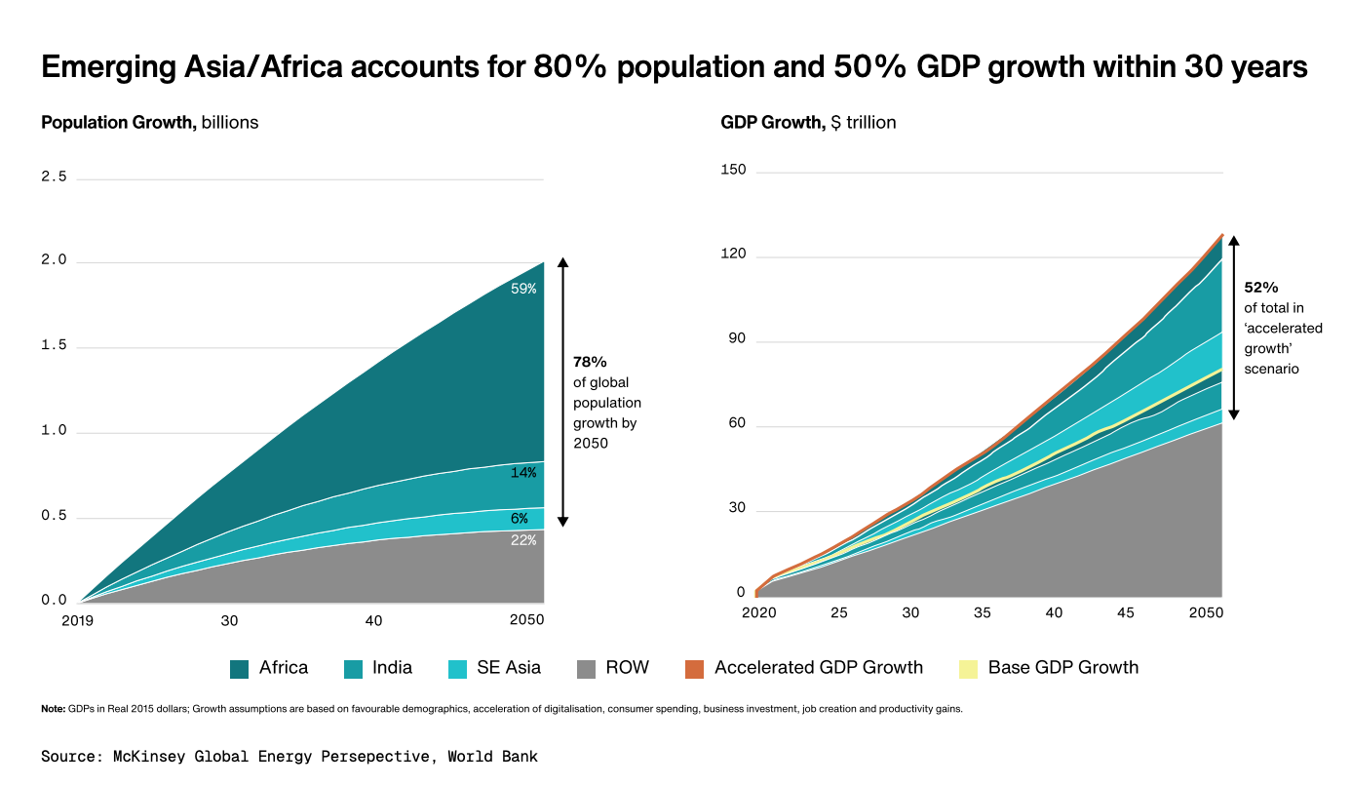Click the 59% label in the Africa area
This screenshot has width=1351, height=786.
click(x=523, y=289)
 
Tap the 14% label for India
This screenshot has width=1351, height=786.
click(x=523, y=473)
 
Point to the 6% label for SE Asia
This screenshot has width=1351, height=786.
click(x=520, y=519)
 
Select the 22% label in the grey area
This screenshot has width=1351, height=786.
click(x=523, y=539)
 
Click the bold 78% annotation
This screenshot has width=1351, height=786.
click(x=590, y=362)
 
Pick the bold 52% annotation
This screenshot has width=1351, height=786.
click(x=1260, y=288)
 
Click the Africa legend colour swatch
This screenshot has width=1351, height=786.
click(x=240, y=668)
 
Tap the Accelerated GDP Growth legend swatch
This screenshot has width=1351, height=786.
click(x=695, y=668)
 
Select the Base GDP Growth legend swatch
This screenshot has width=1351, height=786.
click(x=969, y=668)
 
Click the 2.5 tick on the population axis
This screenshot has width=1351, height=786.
click(x=55, y=177)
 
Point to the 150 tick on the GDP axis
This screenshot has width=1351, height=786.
click(x=734, y=171)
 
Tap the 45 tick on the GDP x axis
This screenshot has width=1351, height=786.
click(x=1125, y=613)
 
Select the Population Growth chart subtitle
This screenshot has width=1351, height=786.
click(x=149, y=123)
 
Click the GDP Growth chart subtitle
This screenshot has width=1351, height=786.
click(x=808, y=123)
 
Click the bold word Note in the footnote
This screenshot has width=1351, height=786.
click(x=53, y=709)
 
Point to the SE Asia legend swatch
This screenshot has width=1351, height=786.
click(x=457, y=668)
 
